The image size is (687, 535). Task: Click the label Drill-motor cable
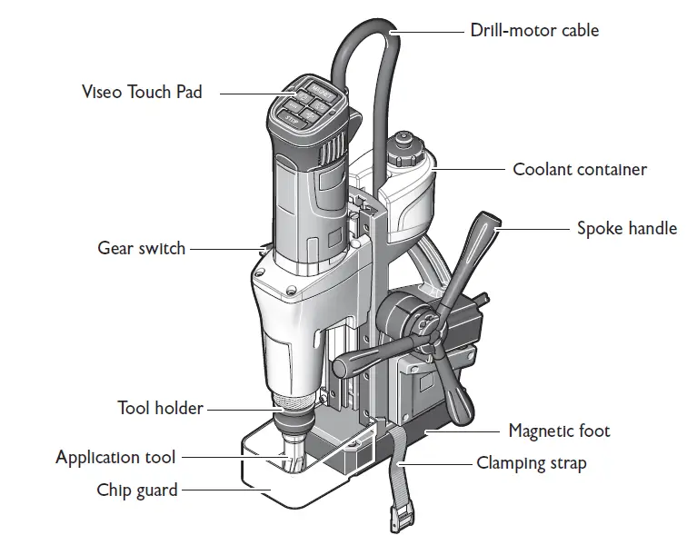coord(534,30)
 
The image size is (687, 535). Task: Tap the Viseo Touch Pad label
coord(141,92)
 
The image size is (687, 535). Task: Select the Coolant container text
coord(579,169)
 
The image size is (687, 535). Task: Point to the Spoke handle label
coord(627,228)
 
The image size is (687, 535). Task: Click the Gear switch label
coord(141,247)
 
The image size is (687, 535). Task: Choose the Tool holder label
coord(160,408)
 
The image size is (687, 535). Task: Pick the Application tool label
coord(115,457)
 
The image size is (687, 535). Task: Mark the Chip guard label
coord(137,490)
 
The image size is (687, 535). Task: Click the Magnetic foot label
coord(559,431)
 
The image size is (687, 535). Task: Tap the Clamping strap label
coord(532,463)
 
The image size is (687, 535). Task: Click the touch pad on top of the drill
coord(310,104)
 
